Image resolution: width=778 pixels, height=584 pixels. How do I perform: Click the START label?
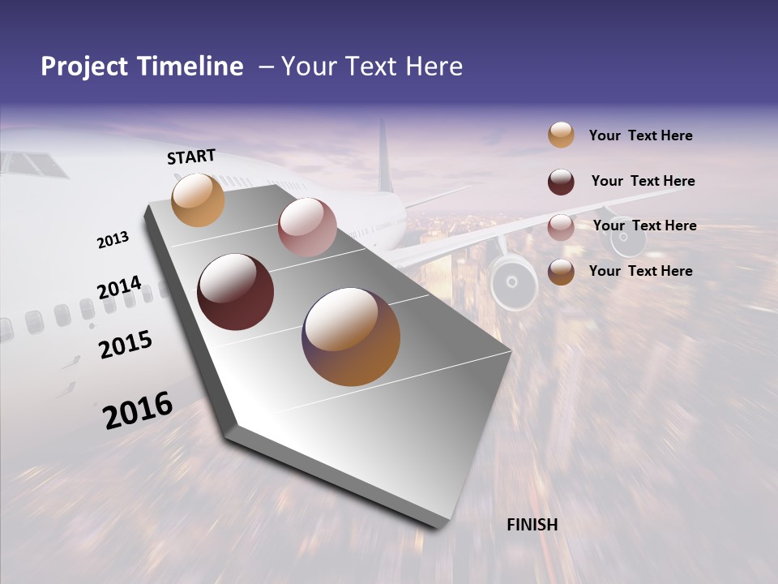pos(191,157)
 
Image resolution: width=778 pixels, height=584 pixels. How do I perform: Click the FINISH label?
pos(532,525)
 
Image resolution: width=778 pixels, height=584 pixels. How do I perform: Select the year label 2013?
pos(113,240)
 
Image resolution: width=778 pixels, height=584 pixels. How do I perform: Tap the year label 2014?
pos(119,288)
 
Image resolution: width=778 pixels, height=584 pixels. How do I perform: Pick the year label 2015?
pos(126,345)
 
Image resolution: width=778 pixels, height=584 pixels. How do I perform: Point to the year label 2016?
pos(138,410)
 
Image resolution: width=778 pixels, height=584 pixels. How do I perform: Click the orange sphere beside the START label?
pos(198,200)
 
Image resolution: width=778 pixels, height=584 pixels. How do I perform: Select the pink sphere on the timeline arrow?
pos(307,227)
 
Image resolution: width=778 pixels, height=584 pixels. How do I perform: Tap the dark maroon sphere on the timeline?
pos(235,292)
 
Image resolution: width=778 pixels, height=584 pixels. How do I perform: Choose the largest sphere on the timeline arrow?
pos(351,336)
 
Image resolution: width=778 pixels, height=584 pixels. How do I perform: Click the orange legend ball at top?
pos(561,135)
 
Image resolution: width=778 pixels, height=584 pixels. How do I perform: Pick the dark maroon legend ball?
pos(561,182)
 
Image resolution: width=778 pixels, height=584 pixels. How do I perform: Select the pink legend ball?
pos(561,227)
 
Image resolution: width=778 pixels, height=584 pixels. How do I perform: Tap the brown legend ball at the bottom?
pos(561,272)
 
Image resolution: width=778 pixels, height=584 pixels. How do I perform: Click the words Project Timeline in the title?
pos(142,67)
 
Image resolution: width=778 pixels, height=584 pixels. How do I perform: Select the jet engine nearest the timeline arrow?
pos(512,282)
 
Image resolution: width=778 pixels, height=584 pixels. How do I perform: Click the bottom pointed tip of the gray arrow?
pos(438,525)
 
